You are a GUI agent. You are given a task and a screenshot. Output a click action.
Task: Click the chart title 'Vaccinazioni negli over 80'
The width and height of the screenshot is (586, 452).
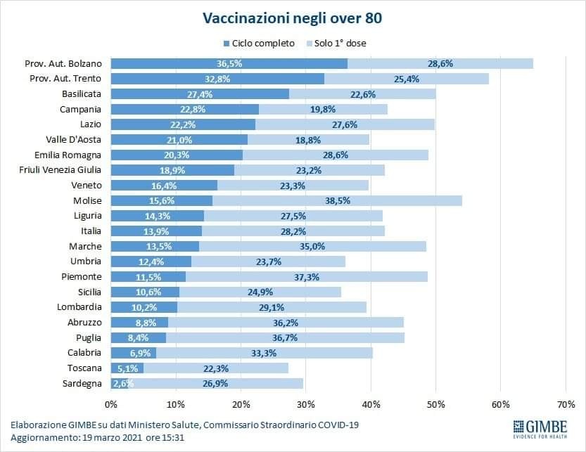point(293,17)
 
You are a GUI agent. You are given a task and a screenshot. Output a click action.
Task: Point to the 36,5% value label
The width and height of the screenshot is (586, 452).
point(229,63)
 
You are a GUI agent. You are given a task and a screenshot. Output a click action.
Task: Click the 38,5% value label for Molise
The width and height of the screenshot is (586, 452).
point(337,200)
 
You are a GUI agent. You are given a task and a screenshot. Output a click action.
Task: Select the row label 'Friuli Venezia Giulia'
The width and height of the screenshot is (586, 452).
point(66,169)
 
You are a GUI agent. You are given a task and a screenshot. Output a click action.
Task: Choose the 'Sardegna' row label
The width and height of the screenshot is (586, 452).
point(82,383)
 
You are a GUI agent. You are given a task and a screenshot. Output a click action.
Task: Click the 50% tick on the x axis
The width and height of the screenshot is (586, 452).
point(435,404)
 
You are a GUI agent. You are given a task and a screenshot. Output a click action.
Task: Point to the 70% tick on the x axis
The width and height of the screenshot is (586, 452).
point(566,404)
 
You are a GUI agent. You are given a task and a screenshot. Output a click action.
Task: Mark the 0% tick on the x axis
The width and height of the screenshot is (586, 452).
point(111,404)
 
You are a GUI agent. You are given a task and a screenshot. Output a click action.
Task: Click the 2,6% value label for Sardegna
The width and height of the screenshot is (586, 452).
point(122,383)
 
